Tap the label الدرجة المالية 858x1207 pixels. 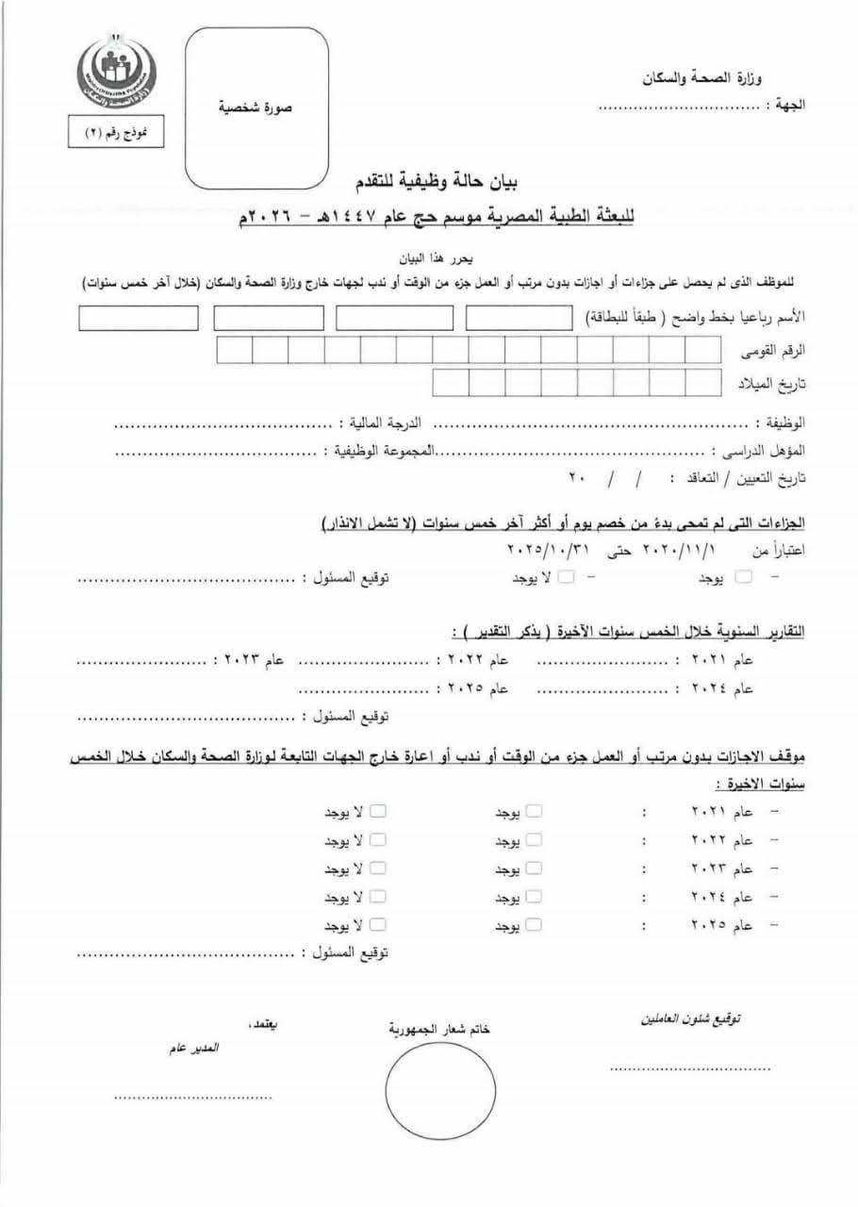tap(379, 425)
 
